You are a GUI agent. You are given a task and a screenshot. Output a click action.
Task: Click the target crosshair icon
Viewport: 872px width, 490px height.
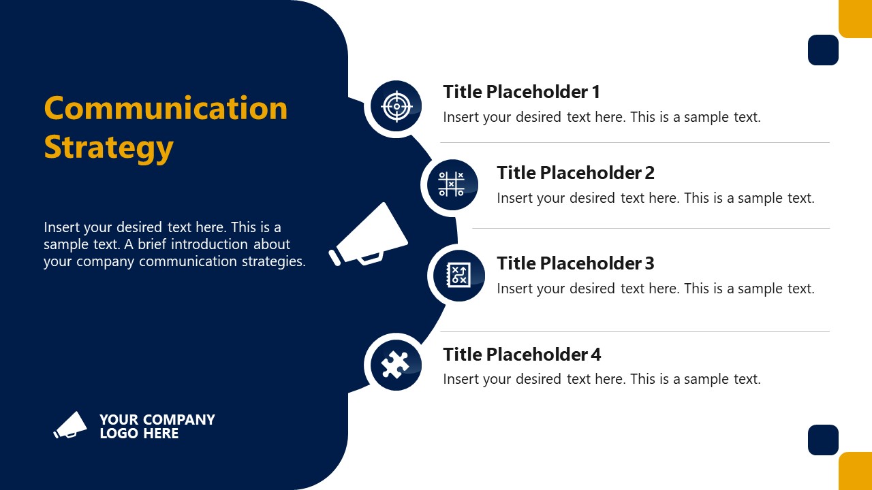pos(396,107)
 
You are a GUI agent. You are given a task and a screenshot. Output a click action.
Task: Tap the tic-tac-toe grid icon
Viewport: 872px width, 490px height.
pos(450,184)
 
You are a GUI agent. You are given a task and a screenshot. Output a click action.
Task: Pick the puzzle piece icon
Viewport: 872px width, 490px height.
pos(394,365)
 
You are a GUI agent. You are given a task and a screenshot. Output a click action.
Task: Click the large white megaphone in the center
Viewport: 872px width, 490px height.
pos(369,235)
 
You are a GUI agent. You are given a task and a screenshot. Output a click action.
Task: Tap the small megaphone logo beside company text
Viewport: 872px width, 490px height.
pos(71,425)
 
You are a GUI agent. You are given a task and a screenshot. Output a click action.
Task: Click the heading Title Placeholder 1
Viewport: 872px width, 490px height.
pos(521,92)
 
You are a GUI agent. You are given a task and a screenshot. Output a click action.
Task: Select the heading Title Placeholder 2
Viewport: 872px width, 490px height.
pos(575,173)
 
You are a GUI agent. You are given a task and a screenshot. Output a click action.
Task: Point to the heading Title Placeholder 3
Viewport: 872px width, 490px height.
pos(575,263)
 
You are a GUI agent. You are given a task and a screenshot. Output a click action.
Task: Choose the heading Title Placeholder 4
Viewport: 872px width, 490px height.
pos(522,355)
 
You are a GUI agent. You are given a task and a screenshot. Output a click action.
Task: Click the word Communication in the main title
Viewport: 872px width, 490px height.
pos(166,108)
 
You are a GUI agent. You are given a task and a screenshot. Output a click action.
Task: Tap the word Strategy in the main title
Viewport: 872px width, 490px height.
pos(108,147)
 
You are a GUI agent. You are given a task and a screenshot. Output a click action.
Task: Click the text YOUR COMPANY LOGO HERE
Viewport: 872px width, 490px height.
pos(157,426)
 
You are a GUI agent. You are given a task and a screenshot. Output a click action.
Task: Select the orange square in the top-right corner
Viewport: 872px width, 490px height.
pos(855,18)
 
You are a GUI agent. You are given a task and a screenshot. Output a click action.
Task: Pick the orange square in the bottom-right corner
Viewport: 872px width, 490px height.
pos(855,471)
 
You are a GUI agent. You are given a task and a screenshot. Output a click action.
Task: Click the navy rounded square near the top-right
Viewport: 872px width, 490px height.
pos(823,50)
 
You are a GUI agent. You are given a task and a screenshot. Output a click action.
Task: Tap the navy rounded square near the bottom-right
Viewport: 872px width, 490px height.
pos(823,440)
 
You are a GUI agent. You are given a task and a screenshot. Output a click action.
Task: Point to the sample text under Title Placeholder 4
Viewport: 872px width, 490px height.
pos(602,379)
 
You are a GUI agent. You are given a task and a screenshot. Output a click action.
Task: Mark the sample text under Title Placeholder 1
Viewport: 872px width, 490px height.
pos(602,117)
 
